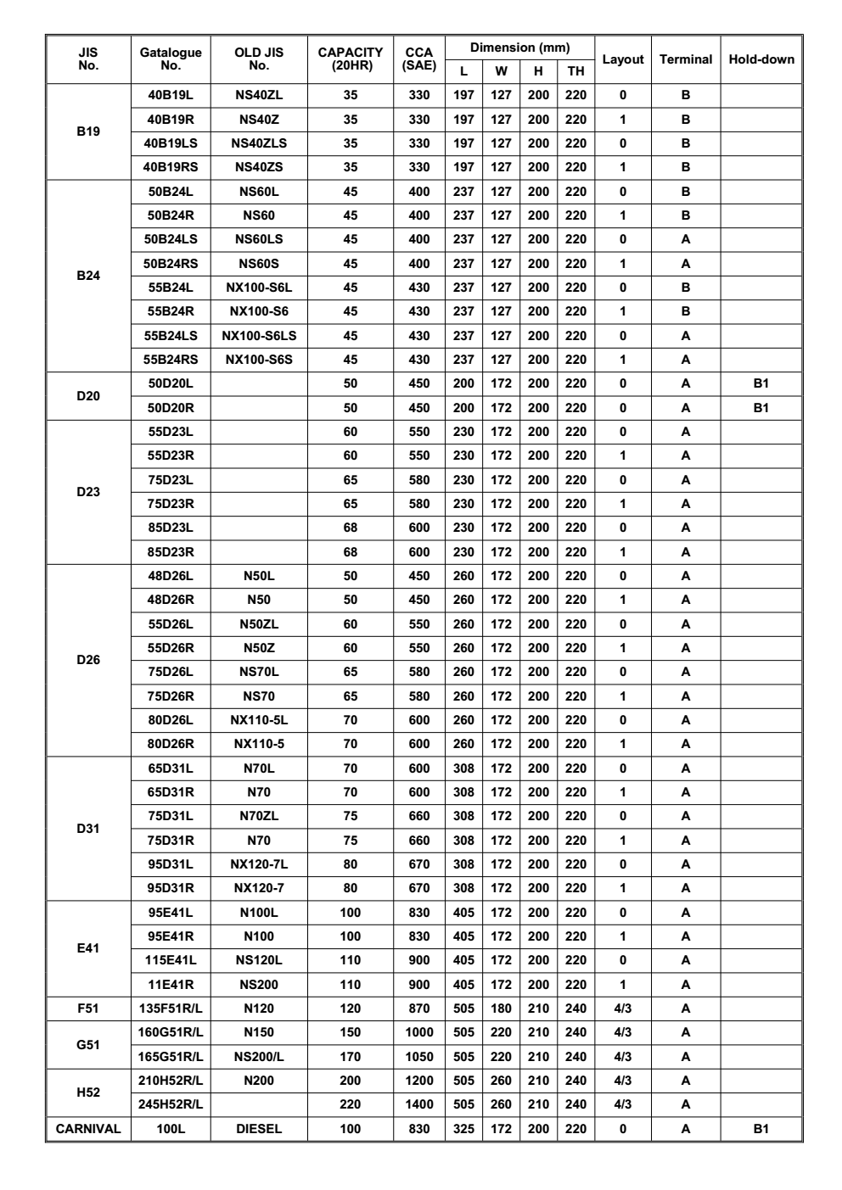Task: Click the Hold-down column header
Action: tap(761, 59)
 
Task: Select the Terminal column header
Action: tap(685, 59)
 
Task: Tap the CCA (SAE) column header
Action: tap(419, 59)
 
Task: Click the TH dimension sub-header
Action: tap(575, 71)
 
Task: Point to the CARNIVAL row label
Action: tap(88, 1129)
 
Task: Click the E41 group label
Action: tap(88, 948)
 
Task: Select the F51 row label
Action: tap(88, 1008)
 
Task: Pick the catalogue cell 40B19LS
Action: tap(171, 143)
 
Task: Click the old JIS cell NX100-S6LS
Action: tap(259, 336)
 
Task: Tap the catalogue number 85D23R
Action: tap(171, 552)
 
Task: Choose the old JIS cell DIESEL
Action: tap(259, 1129)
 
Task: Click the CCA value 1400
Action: tap(419, 1104)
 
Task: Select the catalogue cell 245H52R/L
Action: tap(171, 1104)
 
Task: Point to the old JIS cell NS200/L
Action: tap(259, 1057)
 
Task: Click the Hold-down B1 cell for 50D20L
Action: tap(761, 383)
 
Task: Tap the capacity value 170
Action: tap(350, 1057)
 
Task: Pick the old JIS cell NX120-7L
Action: tap(259, 864)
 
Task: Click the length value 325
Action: tap(463, 1129)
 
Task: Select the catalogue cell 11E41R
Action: tap(171, 985)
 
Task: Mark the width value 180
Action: tap(501, 1008)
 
